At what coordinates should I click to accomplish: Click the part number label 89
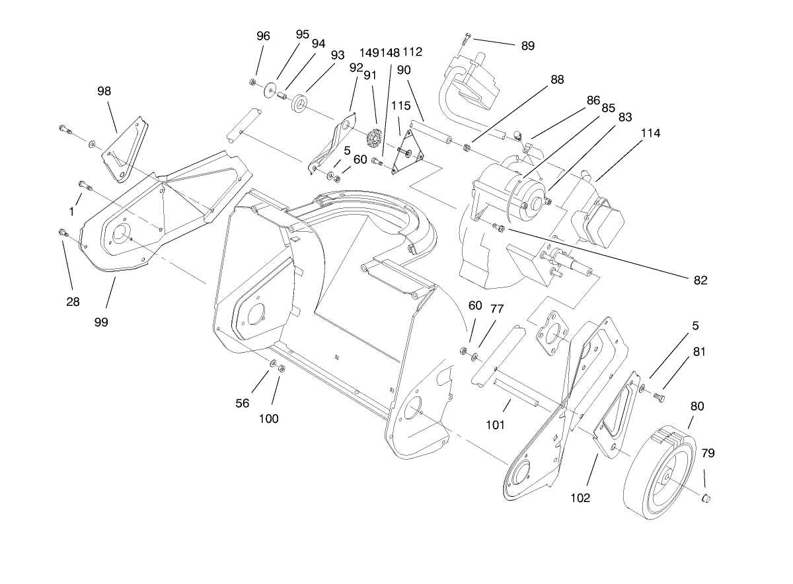[x=527, y=46]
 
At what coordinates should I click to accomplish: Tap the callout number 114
[x=650, y=133]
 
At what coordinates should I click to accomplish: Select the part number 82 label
[x=700, y=280]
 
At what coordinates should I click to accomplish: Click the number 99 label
[x=100, y=322]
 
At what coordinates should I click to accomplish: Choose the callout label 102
[x=580, y=498]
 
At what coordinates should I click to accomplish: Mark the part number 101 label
[x=494, y=425]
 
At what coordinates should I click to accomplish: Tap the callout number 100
[x=269, y=418]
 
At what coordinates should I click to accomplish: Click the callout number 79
[x=707, y=453]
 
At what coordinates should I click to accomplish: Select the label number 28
[x=73, y=301]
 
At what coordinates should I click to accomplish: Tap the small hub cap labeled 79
[x=706, y=497]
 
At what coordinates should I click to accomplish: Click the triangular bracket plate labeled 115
[x=405, y=153]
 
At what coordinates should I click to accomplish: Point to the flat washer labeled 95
[x=270, y=89]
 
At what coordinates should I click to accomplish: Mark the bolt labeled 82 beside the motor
[x=499, y=229]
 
